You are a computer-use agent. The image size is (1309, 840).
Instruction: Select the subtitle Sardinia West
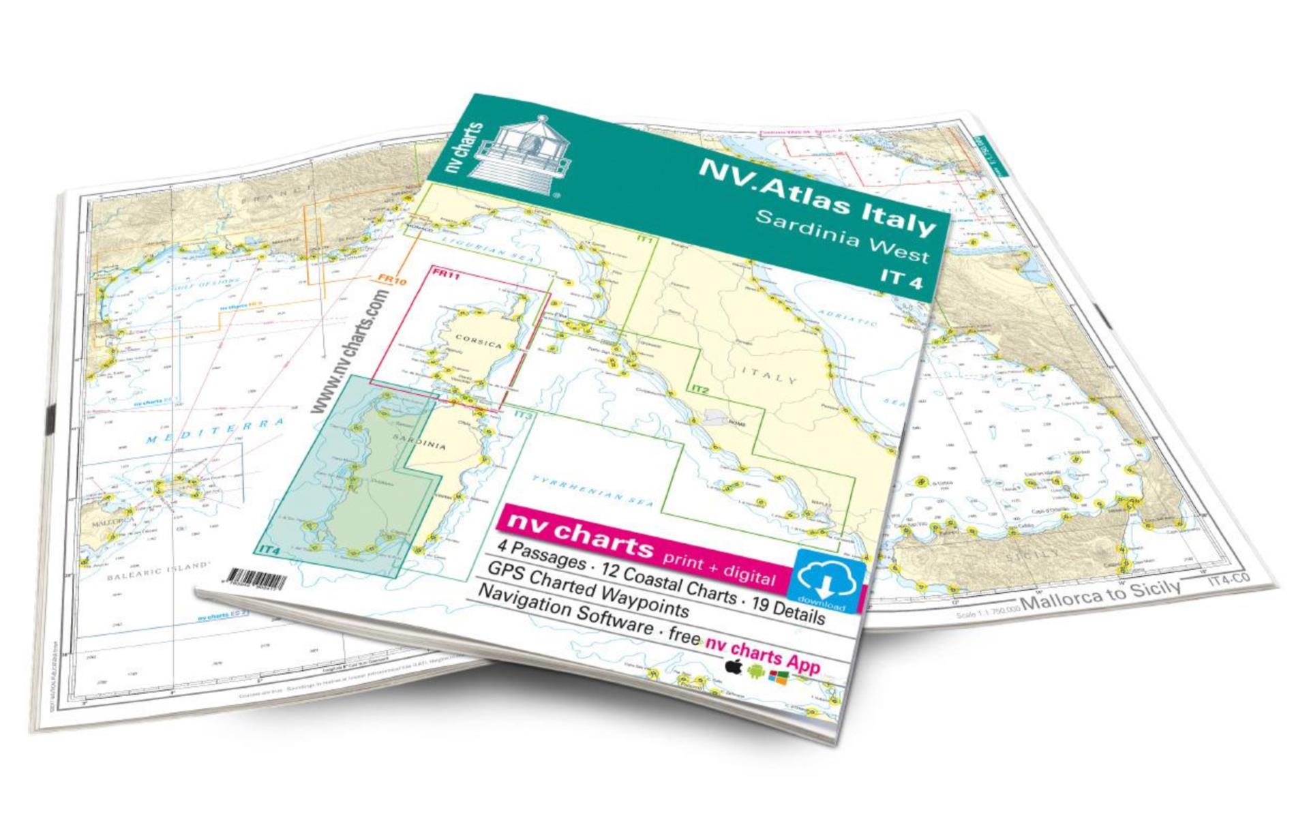pos(843,238)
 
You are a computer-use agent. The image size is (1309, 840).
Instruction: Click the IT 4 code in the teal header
pos(901,277)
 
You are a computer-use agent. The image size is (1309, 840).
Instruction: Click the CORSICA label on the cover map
pos(478,341)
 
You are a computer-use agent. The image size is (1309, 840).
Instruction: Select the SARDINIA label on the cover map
pos(419,439)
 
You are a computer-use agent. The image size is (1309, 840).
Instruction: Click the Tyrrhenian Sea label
pos(592,491)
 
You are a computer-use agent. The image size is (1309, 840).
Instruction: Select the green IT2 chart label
pos(701,389)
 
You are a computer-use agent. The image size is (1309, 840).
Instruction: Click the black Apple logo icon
pos(734,665)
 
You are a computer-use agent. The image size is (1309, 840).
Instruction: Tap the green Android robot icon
pos(755,671)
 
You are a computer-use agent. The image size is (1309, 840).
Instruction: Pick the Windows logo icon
pos(779,676)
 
